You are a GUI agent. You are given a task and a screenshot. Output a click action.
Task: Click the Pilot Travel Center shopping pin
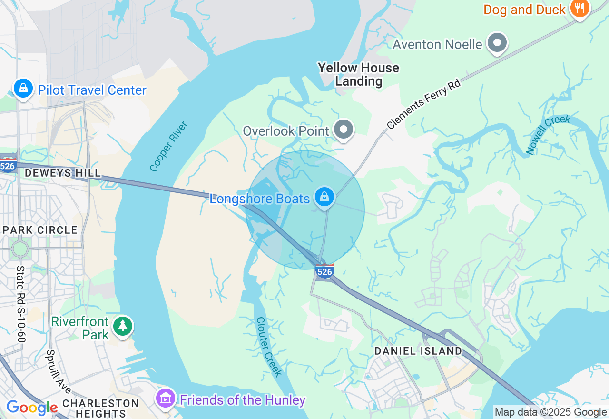[23, 89]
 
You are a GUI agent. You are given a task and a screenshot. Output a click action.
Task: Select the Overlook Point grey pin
[344, 130]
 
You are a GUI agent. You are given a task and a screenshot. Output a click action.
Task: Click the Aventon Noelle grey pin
[497, 43]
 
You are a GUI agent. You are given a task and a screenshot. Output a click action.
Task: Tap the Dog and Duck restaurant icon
[580, 9]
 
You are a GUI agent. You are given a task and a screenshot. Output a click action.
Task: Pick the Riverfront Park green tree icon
[123, 326]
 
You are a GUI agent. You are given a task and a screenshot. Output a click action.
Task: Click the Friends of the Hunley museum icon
[166, 399]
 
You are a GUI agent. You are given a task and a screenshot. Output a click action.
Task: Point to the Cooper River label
[169, 146]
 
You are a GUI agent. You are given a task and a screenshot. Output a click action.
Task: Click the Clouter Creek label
[269, 346]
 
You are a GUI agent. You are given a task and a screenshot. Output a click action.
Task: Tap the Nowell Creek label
[548, 134]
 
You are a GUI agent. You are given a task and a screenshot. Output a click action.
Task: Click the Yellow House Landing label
[358, 74]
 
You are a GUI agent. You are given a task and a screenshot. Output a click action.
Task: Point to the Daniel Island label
[418, 351]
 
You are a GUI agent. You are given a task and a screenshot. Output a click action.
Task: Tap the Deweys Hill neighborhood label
[63, 173]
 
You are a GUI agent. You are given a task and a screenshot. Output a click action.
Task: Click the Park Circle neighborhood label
[40, 230]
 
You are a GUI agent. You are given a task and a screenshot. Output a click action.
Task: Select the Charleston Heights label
[100, 408]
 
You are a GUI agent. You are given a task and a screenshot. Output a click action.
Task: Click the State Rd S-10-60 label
[21, 304]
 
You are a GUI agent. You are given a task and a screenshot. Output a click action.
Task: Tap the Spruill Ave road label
[58, 372]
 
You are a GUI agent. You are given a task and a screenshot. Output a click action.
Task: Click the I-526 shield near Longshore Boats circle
[324, 271]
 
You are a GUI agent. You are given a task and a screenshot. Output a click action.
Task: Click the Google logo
[32, 408]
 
